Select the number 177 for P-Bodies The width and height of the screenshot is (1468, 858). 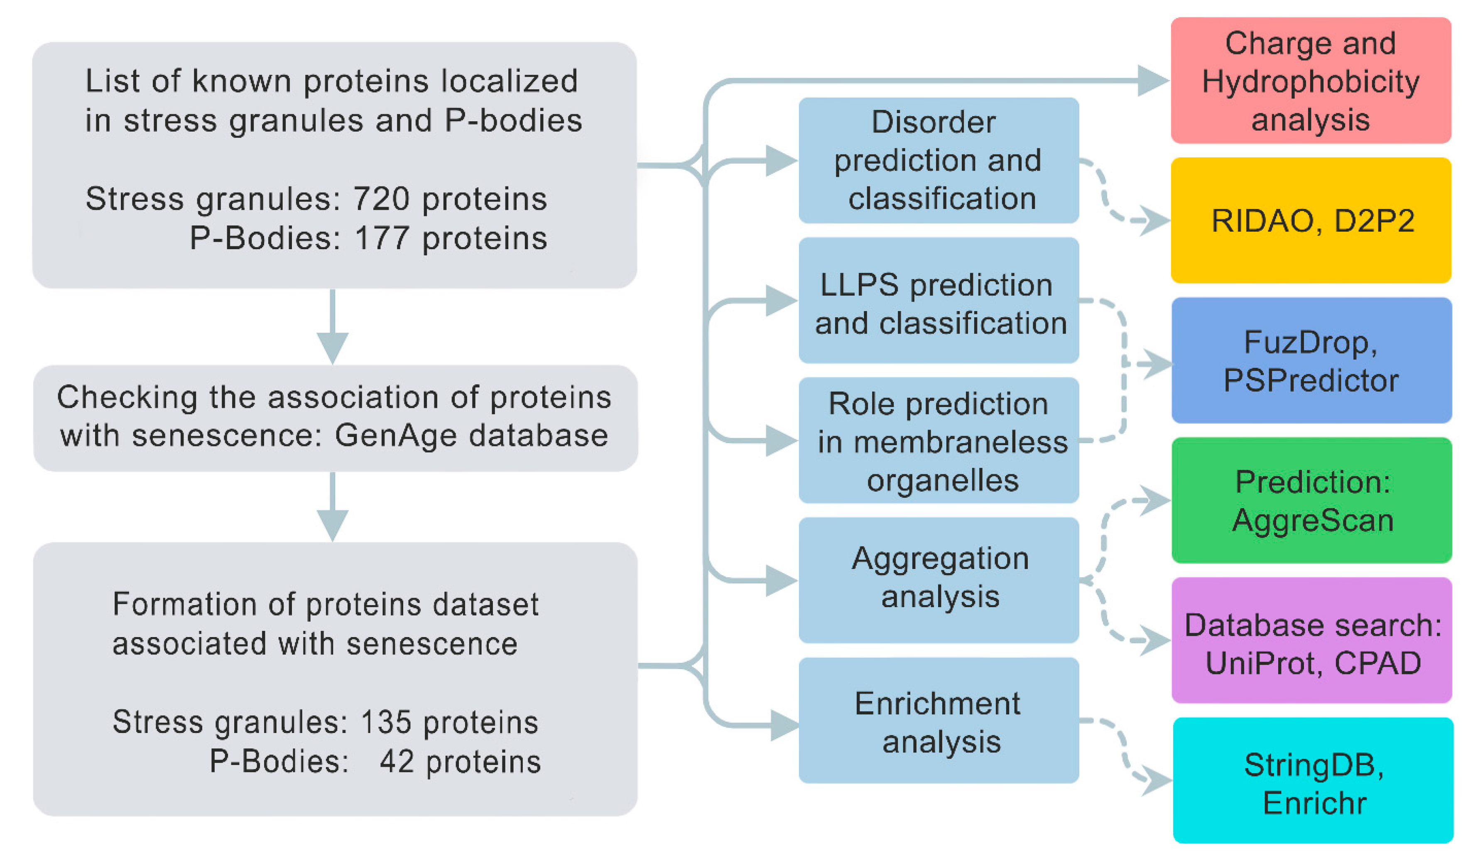tap(382, 238)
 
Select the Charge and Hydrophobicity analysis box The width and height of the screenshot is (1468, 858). tap(1310, 81)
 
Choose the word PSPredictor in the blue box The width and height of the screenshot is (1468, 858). tap(1310, 381)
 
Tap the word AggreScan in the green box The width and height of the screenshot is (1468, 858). tap(1312, 520)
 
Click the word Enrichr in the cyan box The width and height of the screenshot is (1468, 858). tap(1314, 803)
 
